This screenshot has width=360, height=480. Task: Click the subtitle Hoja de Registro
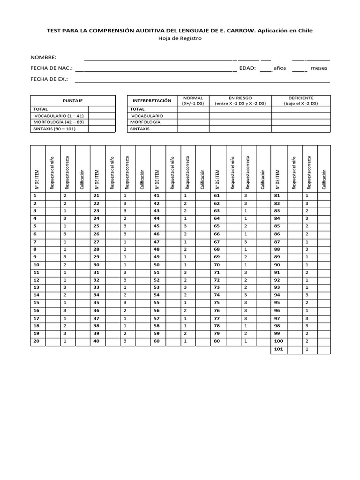(180, 38)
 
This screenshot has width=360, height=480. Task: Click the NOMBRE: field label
(44, 57)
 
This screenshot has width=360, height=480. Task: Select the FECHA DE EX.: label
(49, 79)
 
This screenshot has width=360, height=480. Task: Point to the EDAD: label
(247, 68)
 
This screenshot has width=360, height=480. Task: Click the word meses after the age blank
(319, 68)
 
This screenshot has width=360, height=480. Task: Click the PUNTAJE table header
(73, 101)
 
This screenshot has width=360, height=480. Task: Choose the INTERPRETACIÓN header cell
(152, 101)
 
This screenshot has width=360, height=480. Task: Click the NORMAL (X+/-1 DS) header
(193, 100)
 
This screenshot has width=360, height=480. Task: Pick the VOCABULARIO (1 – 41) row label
(58, 115)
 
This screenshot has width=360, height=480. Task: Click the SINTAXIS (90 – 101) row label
(54, 128)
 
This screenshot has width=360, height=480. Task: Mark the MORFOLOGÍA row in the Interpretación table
(146, 122)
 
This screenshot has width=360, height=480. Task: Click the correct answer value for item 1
(66, 195)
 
